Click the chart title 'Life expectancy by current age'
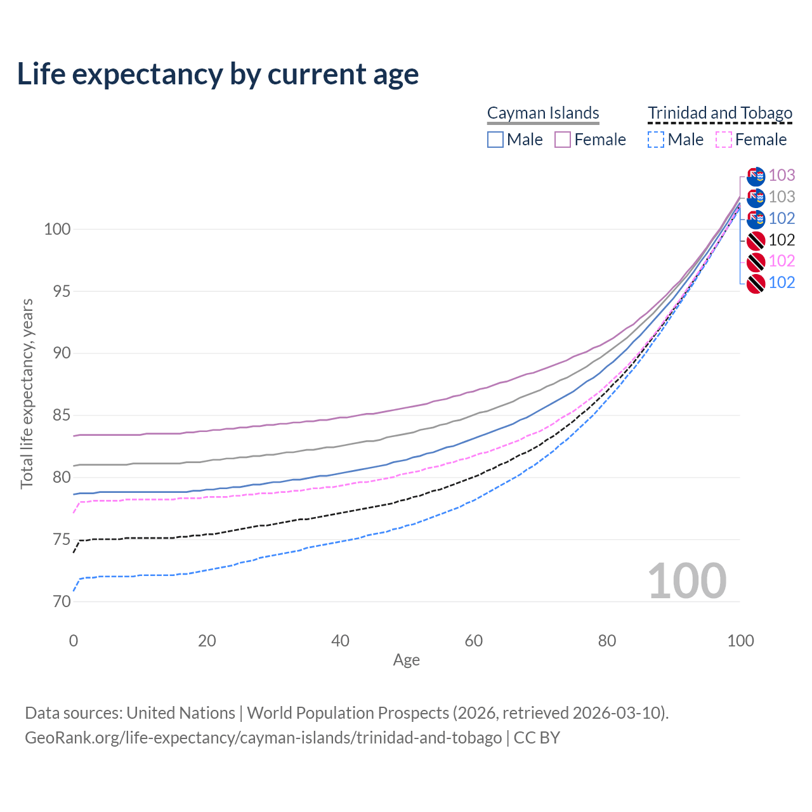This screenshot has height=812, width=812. tap(218, 74)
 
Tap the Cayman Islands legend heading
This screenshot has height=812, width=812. tap(543, 113)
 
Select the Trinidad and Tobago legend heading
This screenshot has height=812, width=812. tap(720, 113)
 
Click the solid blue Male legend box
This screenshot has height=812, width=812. tap(495, 140)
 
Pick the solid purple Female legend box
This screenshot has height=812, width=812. tap(563, 140)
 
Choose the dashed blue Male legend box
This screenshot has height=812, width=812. tap(656, 140)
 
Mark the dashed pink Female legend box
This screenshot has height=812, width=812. tap(724, 140)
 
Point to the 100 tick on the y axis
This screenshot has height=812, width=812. tap(56, 229)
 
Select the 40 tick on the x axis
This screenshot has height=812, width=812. tap(340, 641)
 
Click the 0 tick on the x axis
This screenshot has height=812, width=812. tap(74, 641)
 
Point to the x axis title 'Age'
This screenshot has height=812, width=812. tap(406, 660)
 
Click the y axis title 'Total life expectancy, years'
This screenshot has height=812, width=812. tap(27, 393)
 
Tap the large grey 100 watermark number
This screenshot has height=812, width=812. tap(686, 580)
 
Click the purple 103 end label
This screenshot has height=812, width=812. tap(782, 175)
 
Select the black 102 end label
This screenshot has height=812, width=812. tap(782, 240)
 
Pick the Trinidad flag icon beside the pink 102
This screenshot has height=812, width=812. tap(756, 262)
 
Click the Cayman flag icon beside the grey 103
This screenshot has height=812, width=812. tap(756, 197)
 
